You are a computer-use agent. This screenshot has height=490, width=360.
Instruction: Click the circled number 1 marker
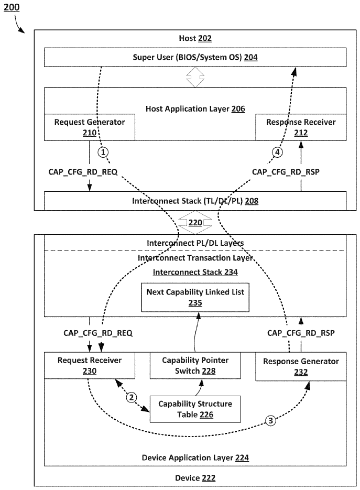click(104, 153)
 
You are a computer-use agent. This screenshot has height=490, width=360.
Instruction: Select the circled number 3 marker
click(270, 420)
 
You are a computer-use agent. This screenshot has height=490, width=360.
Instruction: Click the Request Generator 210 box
click(89, 127)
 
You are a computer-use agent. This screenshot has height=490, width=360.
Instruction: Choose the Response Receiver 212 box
click(301, 127)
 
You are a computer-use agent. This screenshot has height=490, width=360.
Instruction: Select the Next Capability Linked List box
click(195, 297)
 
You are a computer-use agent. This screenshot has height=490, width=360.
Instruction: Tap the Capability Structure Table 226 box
click(195, 409)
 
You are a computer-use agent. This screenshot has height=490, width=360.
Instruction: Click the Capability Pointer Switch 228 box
click(195, 366)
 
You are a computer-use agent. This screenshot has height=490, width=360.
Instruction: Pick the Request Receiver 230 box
click(89, 365)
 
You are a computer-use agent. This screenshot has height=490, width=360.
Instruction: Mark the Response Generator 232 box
click(301, 366)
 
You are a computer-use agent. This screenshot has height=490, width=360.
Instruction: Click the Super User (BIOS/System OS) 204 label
click(195, 58)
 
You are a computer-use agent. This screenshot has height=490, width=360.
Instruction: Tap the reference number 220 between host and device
click(195, 222)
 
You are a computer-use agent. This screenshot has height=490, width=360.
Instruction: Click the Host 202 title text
click(195, 38)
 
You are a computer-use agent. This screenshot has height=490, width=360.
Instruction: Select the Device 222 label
click(195, 478)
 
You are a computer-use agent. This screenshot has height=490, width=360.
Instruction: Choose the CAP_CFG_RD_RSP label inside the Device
click(301, 333)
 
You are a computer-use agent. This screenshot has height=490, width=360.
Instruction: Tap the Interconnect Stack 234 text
click(195, 272)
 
